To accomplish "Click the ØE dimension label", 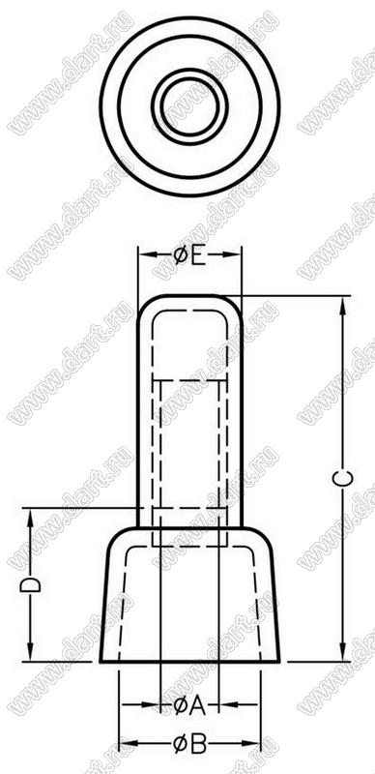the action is tap(189, 255).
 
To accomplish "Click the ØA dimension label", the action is tap(189, 706).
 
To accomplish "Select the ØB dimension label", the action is tap(190, 744).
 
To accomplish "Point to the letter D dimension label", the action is tap(31, 584).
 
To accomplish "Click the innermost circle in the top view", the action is tap(189, 105).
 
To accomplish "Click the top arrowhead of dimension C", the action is tap(343, 305).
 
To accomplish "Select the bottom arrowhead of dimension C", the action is tap(343, 652).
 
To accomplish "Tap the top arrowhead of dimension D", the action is tap(31, 517).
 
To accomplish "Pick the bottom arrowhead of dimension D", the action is tap(31, 652).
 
